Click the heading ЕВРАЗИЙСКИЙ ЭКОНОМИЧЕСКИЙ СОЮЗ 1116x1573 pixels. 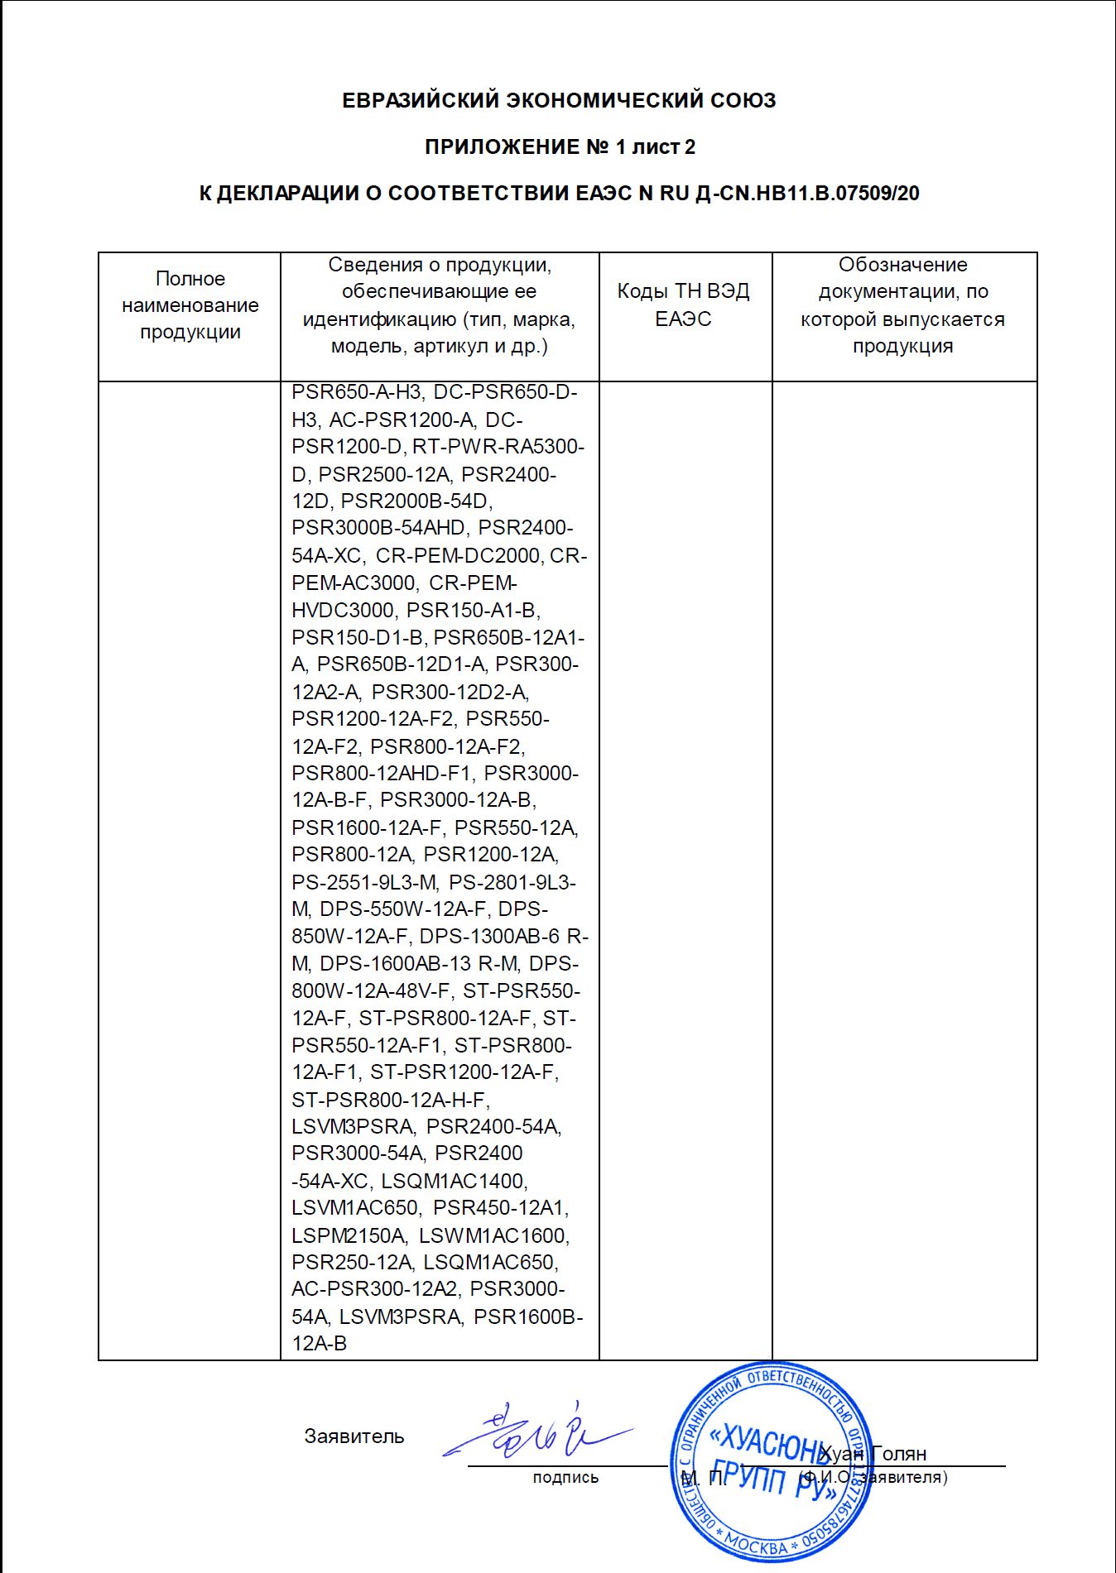[x=559, y=101]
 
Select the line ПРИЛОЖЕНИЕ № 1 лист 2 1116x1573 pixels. [x=560, y=147]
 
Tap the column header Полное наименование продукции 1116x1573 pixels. [x=190, y=305]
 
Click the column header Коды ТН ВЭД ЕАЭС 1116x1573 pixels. [x=684, y=305]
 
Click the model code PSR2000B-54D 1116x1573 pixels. [x=416, y=501]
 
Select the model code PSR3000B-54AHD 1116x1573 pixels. [x=379, y=528]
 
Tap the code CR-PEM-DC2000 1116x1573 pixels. [x=458, y=555]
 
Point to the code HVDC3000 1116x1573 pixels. [x=343, y=611]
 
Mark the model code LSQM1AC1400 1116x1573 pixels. [x=454, y=1181]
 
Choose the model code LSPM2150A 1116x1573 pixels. [x=349, y=1235]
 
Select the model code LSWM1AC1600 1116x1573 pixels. [x=493, y=1235]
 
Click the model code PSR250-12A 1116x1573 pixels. [x=352, y=1263]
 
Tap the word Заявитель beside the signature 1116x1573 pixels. [x=354, y=1436]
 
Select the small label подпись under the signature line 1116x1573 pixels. [x=565, y=1477]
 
